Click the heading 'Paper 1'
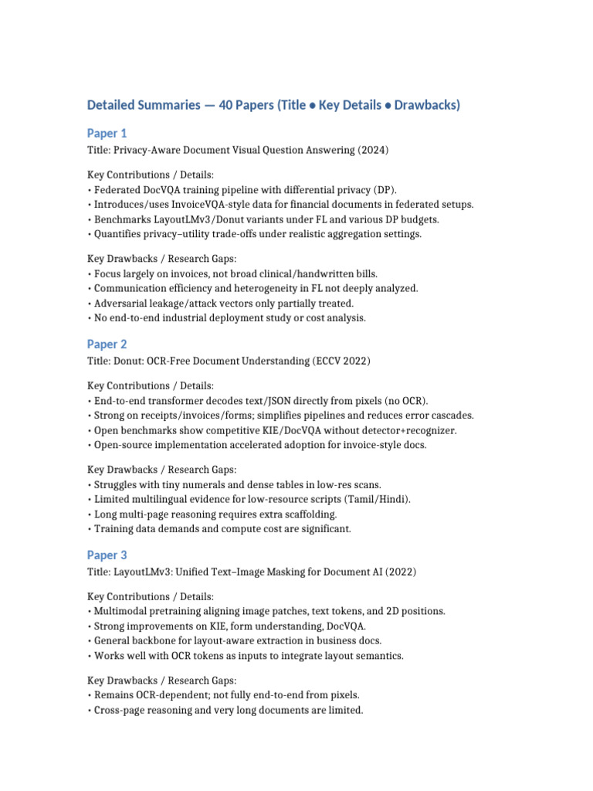[x=107, y=134]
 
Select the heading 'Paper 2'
[x=107, y=345]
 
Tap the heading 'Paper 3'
[x=107, y=555]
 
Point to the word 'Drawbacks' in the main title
[x=425, y=105]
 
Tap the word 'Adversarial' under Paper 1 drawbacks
[x=120, y=303]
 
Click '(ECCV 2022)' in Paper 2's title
[x=346, y=362]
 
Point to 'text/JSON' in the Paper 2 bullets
[x=255, y=401]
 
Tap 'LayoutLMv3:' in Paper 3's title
[x=144, y=572]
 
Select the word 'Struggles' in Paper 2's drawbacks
[x=116, y=484]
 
